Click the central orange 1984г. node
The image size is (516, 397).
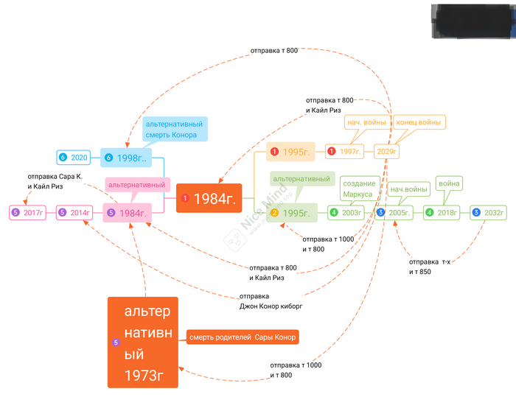pos(209,198)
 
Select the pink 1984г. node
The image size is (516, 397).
pos(128,213)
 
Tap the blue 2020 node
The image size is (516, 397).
pos(74,158)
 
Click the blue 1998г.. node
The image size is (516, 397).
pos(126,158)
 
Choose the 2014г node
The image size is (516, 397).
pos(75,213)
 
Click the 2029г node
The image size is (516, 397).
pos(386,152)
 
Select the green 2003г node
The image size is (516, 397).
pos(346,213)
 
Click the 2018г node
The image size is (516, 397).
pos(442,213)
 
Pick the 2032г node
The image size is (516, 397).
pos(489,213)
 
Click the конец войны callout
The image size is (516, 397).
pos(419,122)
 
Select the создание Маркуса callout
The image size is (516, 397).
pos(359,189)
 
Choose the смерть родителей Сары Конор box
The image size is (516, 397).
pos(243,337)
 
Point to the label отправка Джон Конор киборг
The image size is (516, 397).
pos(271,301)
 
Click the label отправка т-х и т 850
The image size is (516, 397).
pos(430,267)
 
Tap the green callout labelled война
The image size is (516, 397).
pos(449,183)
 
